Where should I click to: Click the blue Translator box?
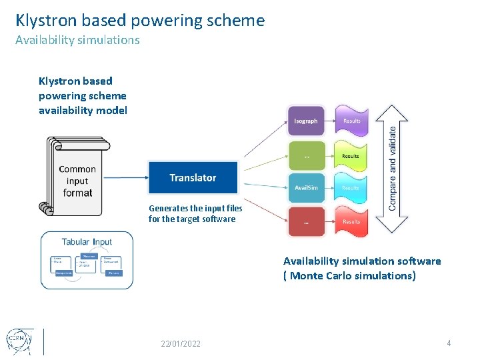pyautogui.click(x=193, y=178)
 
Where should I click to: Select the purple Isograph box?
pyautogui.click(x=306, y=121)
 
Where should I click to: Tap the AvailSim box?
pyautogui.click(x=306, y=188)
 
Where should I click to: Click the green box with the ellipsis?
pyautogui.click(x=306, y=155)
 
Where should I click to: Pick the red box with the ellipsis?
pyautogui.click(x=306, y=221)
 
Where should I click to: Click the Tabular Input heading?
pyautogui.click(x=87, y=241)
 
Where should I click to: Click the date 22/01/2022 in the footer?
pyautogui.click(x=180, y=343)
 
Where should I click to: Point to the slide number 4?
pyautogui.click(x=449, y=343)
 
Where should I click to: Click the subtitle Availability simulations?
pyautogui.click(x=77, y=40)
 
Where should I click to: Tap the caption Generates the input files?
pyautogui.click(x=195, y=209)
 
